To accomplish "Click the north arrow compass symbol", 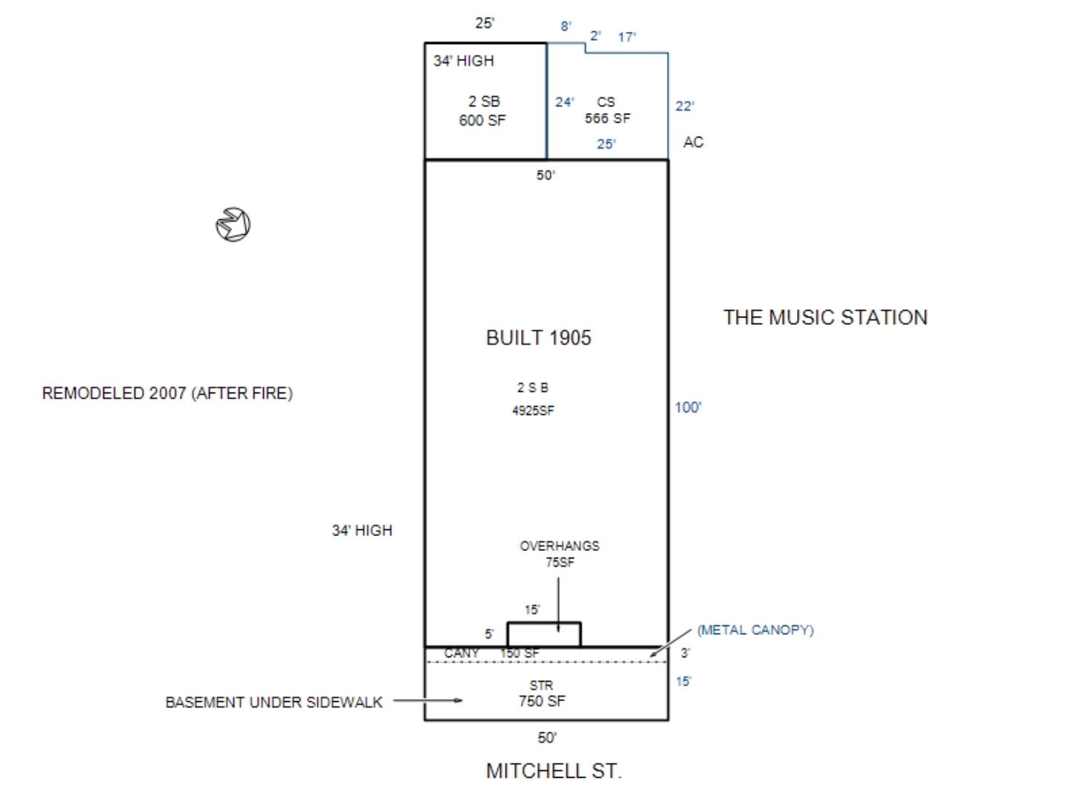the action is (233, 225).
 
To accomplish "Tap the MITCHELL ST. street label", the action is (553, 770).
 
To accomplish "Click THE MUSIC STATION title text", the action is (825, 317).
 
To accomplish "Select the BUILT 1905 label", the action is (538, 338).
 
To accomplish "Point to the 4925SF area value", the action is (533, 410).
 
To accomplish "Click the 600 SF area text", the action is (482, 120).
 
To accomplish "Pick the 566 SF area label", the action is (607, 118).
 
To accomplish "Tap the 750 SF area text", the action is (542, 701).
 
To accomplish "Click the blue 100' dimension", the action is (688, 407).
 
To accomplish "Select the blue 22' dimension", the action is (685, 106).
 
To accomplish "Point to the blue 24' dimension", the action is (564, 102).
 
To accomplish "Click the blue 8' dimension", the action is (566, 26).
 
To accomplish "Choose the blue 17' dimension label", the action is (627, 37).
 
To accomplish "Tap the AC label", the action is (693, 142).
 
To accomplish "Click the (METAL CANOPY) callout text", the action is (755, 631).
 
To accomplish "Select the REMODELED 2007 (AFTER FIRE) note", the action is (167, 393).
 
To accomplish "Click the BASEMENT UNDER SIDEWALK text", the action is (274, 703).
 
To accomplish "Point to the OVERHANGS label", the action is (559, 547).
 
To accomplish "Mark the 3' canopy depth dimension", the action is (685, 653).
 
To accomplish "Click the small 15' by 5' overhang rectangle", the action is (543, 623).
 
